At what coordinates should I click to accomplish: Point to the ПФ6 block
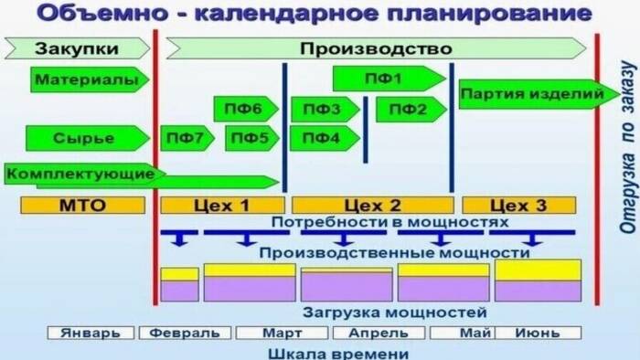[247, 110]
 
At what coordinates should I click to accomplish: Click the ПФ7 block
[187, 139]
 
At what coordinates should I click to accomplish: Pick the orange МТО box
[82, 205]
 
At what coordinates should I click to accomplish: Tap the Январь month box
[90, 333]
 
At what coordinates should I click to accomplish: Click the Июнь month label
[538, 333]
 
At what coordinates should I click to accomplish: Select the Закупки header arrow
[79, 48]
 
